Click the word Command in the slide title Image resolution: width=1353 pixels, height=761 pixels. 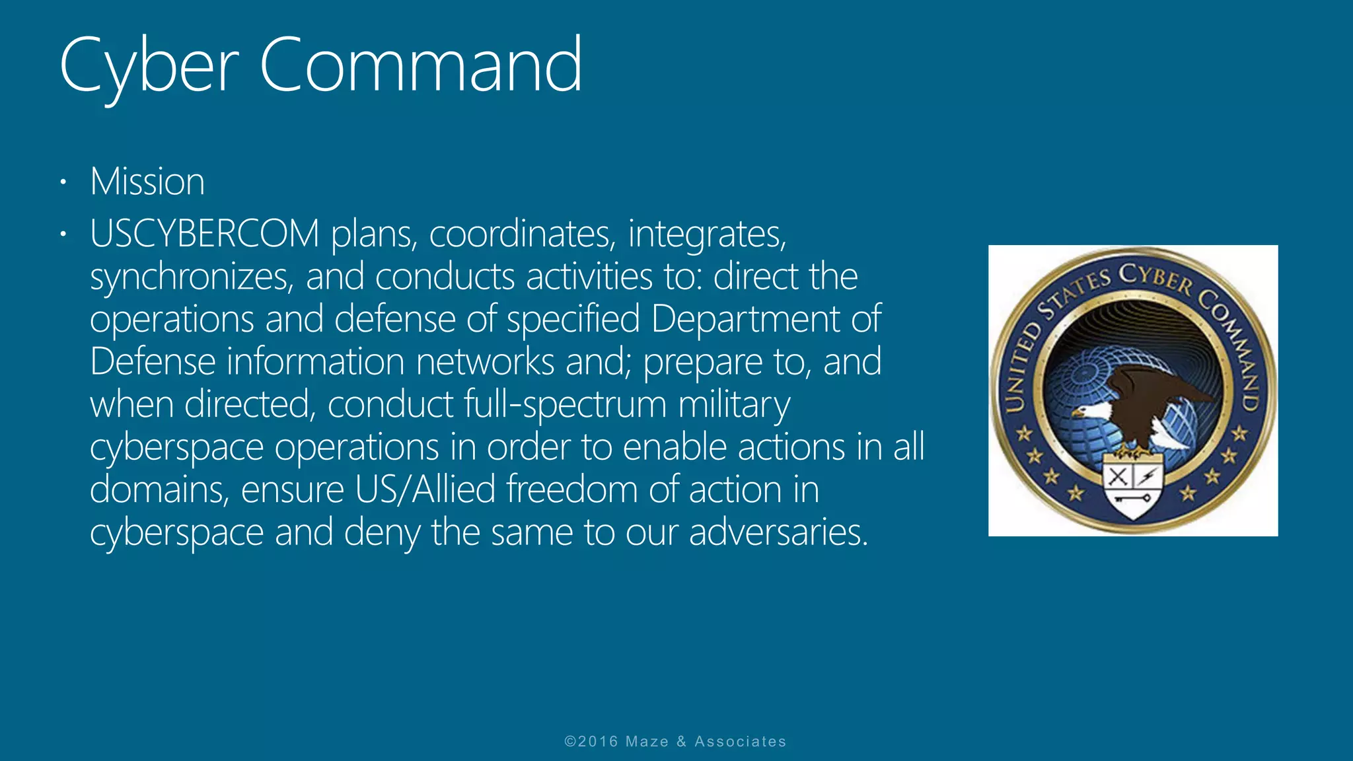(421, 65)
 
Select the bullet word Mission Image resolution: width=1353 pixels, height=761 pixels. (147, 182)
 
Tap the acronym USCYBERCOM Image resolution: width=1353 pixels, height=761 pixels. (205, 234)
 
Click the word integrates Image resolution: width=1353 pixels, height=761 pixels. (707, 235)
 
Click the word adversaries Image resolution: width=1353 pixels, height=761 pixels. (778, 532)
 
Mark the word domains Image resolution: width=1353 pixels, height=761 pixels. (159, 489)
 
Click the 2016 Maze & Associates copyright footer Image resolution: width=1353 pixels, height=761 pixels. (675, 741)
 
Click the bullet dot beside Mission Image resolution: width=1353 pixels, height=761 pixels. (63, 182)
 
